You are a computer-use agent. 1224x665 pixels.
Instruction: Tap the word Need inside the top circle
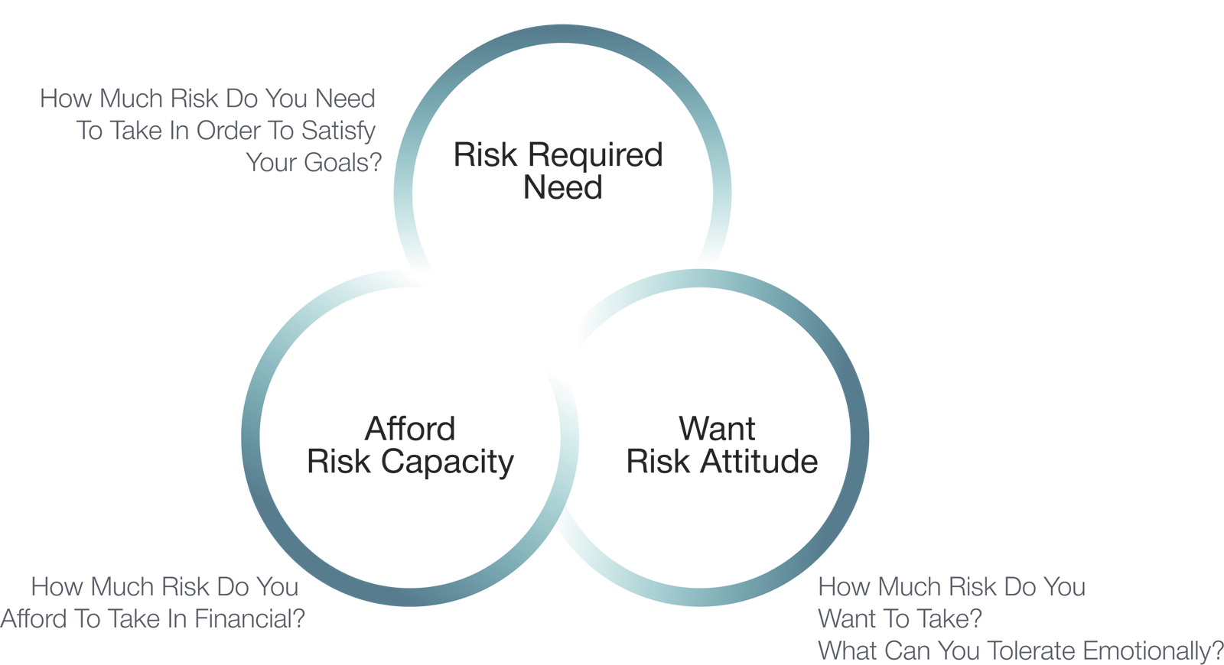[563, 188]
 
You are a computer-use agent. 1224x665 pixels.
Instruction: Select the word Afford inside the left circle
[410, 429]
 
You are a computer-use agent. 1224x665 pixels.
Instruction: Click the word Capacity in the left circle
[448, 462]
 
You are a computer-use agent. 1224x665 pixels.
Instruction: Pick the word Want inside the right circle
[717, 429]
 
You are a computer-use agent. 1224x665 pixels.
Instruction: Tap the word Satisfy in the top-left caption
[338, 131]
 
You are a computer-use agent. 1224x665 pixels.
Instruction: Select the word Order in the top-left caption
[229, 131]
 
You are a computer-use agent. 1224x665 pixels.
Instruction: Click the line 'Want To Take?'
[900, 618]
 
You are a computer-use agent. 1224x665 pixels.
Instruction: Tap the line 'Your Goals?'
[313, 163]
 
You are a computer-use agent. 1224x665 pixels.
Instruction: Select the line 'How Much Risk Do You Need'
[207, 99]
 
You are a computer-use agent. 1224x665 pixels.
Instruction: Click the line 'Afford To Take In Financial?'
[152, 618]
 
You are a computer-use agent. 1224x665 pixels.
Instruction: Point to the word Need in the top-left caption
[345, 99]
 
